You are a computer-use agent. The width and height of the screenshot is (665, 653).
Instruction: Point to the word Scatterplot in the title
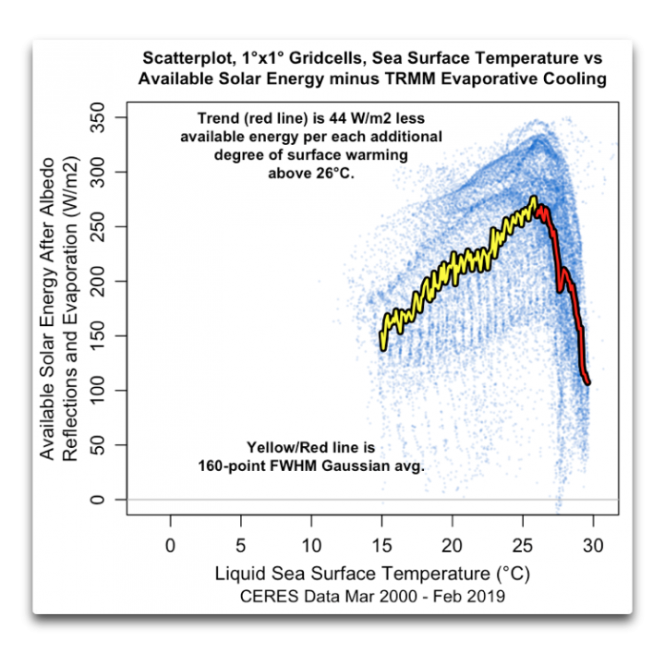189,58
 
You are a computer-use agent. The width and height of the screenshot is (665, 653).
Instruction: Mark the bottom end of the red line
587,381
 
